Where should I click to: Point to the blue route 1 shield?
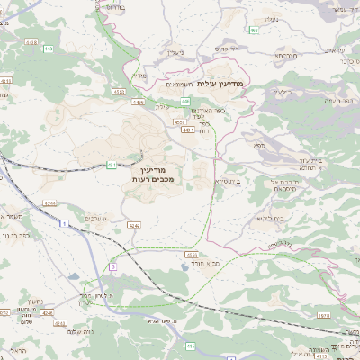[189, 345]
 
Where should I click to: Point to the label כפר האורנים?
[208, 111]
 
